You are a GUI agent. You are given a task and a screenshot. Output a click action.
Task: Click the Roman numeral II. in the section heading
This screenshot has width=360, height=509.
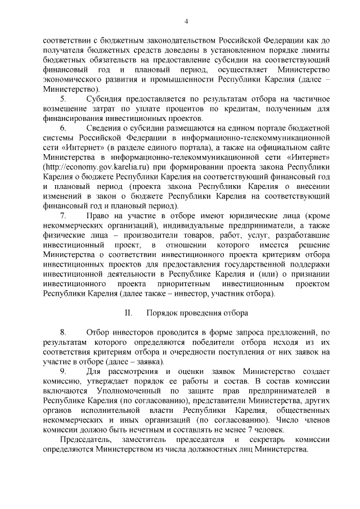(x=128, y=312)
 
